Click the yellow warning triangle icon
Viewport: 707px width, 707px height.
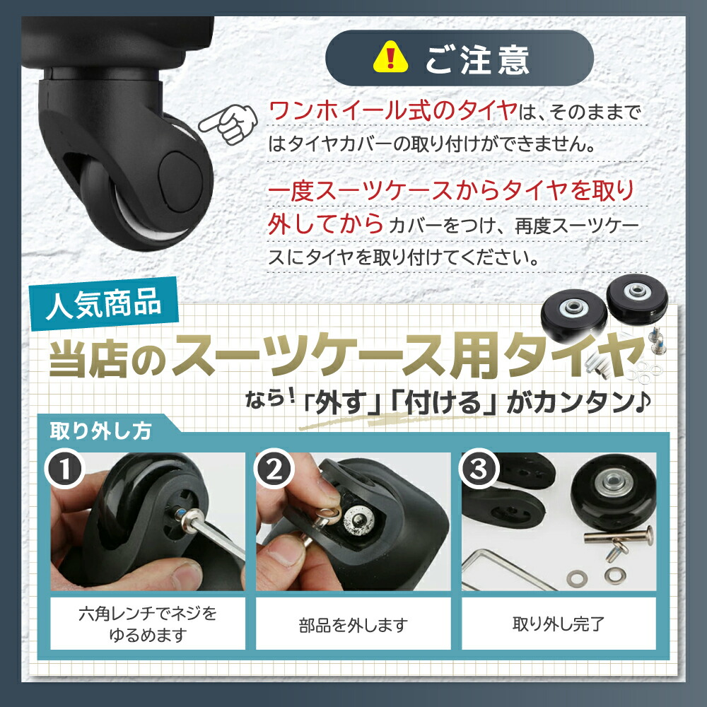(390, 58)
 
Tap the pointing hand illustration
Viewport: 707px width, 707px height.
(228, 124)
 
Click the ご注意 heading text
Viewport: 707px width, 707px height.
(477, 60)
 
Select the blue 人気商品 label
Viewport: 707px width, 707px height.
(104, 303)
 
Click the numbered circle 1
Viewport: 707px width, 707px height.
(65, 469)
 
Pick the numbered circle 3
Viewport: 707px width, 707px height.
(479, 469)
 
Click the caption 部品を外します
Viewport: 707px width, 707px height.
(353, 624)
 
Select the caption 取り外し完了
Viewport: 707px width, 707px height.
(559, 624)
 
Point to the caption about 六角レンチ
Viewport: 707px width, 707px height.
(148, 624)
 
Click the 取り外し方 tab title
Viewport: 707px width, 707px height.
(100, 431)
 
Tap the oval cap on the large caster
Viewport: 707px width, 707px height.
(180, 181)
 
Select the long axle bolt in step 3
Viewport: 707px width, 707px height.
(618, 536)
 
